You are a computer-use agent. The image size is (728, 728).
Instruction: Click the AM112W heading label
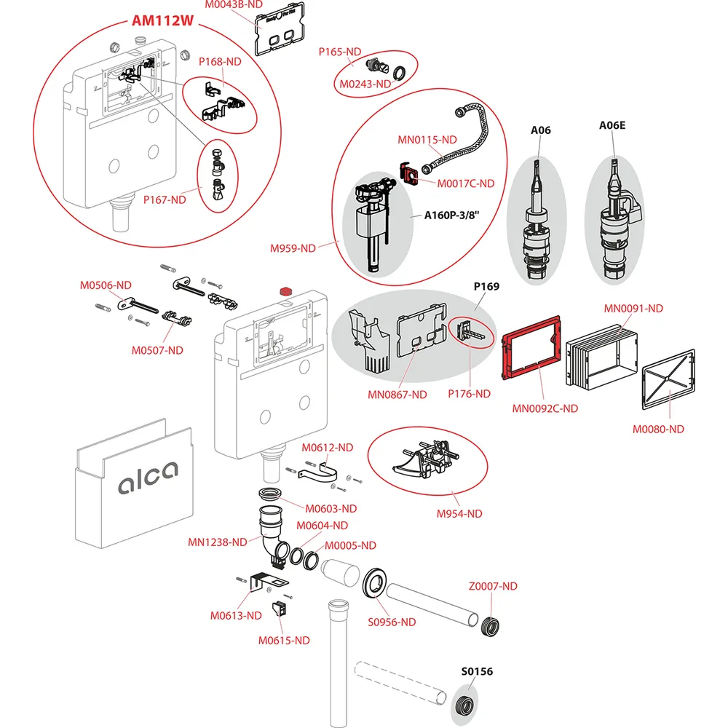(x=162, y=20)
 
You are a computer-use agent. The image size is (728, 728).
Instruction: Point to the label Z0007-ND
(x=493, y=586)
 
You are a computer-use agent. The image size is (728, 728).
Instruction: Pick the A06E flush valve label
(x=612, y=125)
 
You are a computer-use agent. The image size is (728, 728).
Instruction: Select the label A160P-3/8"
(x=456, y=215)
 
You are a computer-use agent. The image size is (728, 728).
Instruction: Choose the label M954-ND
(x=459, y=514)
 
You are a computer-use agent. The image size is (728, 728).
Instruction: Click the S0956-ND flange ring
(x=376, y=583)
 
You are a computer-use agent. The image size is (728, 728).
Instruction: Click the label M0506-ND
(x=106, y=285)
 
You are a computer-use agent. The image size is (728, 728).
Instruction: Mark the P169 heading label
(x=486, y=286)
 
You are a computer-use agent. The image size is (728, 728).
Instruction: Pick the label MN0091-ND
(x=633, y=308)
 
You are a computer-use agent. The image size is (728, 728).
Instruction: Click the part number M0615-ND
(x=284, y=640)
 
